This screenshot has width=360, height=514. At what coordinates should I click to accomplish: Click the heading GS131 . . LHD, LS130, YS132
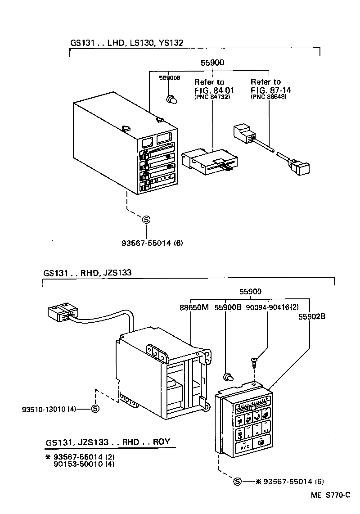[126, 43]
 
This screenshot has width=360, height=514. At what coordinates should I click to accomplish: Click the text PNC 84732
[212, 97]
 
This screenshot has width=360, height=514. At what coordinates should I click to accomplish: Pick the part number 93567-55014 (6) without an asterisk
[152, 243]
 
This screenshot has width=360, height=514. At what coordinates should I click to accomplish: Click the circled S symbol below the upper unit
[146, 220]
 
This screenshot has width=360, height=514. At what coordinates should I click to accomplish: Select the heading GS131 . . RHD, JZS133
[87, 273]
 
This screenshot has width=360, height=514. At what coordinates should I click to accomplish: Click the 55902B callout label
[311, 316]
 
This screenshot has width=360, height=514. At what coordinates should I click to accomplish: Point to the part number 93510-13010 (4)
[49, 409]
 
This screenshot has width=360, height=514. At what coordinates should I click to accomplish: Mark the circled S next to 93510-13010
[95, 409]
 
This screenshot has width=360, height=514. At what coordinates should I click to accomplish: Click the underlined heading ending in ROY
[108, 442]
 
